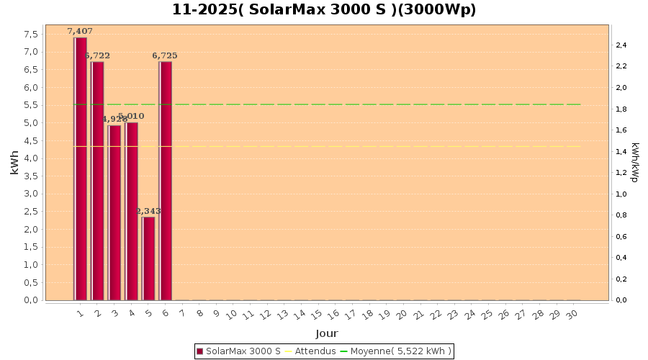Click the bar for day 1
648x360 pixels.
point(81,168)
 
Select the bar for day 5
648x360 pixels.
point(149,258)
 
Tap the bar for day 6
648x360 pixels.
point(166,180)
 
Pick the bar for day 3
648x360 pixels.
point(114,212)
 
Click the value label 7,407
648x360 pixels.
point(80,31)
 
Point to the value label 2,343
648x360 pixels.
point(148,211)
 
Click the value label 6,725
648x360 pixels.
point(165,55)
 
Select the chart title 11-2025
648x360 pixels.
point(324,10)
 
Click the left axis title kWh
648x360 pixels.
point(15,163)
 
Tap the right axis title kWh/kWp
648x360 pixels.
point(635,163)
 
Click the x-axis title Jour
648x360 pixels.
point(326,333)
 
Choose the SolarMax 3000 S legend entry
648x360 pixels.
point(238,351)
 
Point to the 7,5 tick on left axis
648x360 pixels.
point(31,35)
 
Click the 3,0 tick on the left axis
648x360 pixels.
point(31,194)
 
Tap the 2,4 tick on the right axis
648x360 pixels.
point(621,45)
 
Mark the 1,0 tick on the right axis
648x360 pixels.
point(621,194)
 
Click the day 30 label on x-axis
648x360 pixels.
point(572,315)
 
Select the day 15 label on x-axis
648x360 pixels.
point(316,315)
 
